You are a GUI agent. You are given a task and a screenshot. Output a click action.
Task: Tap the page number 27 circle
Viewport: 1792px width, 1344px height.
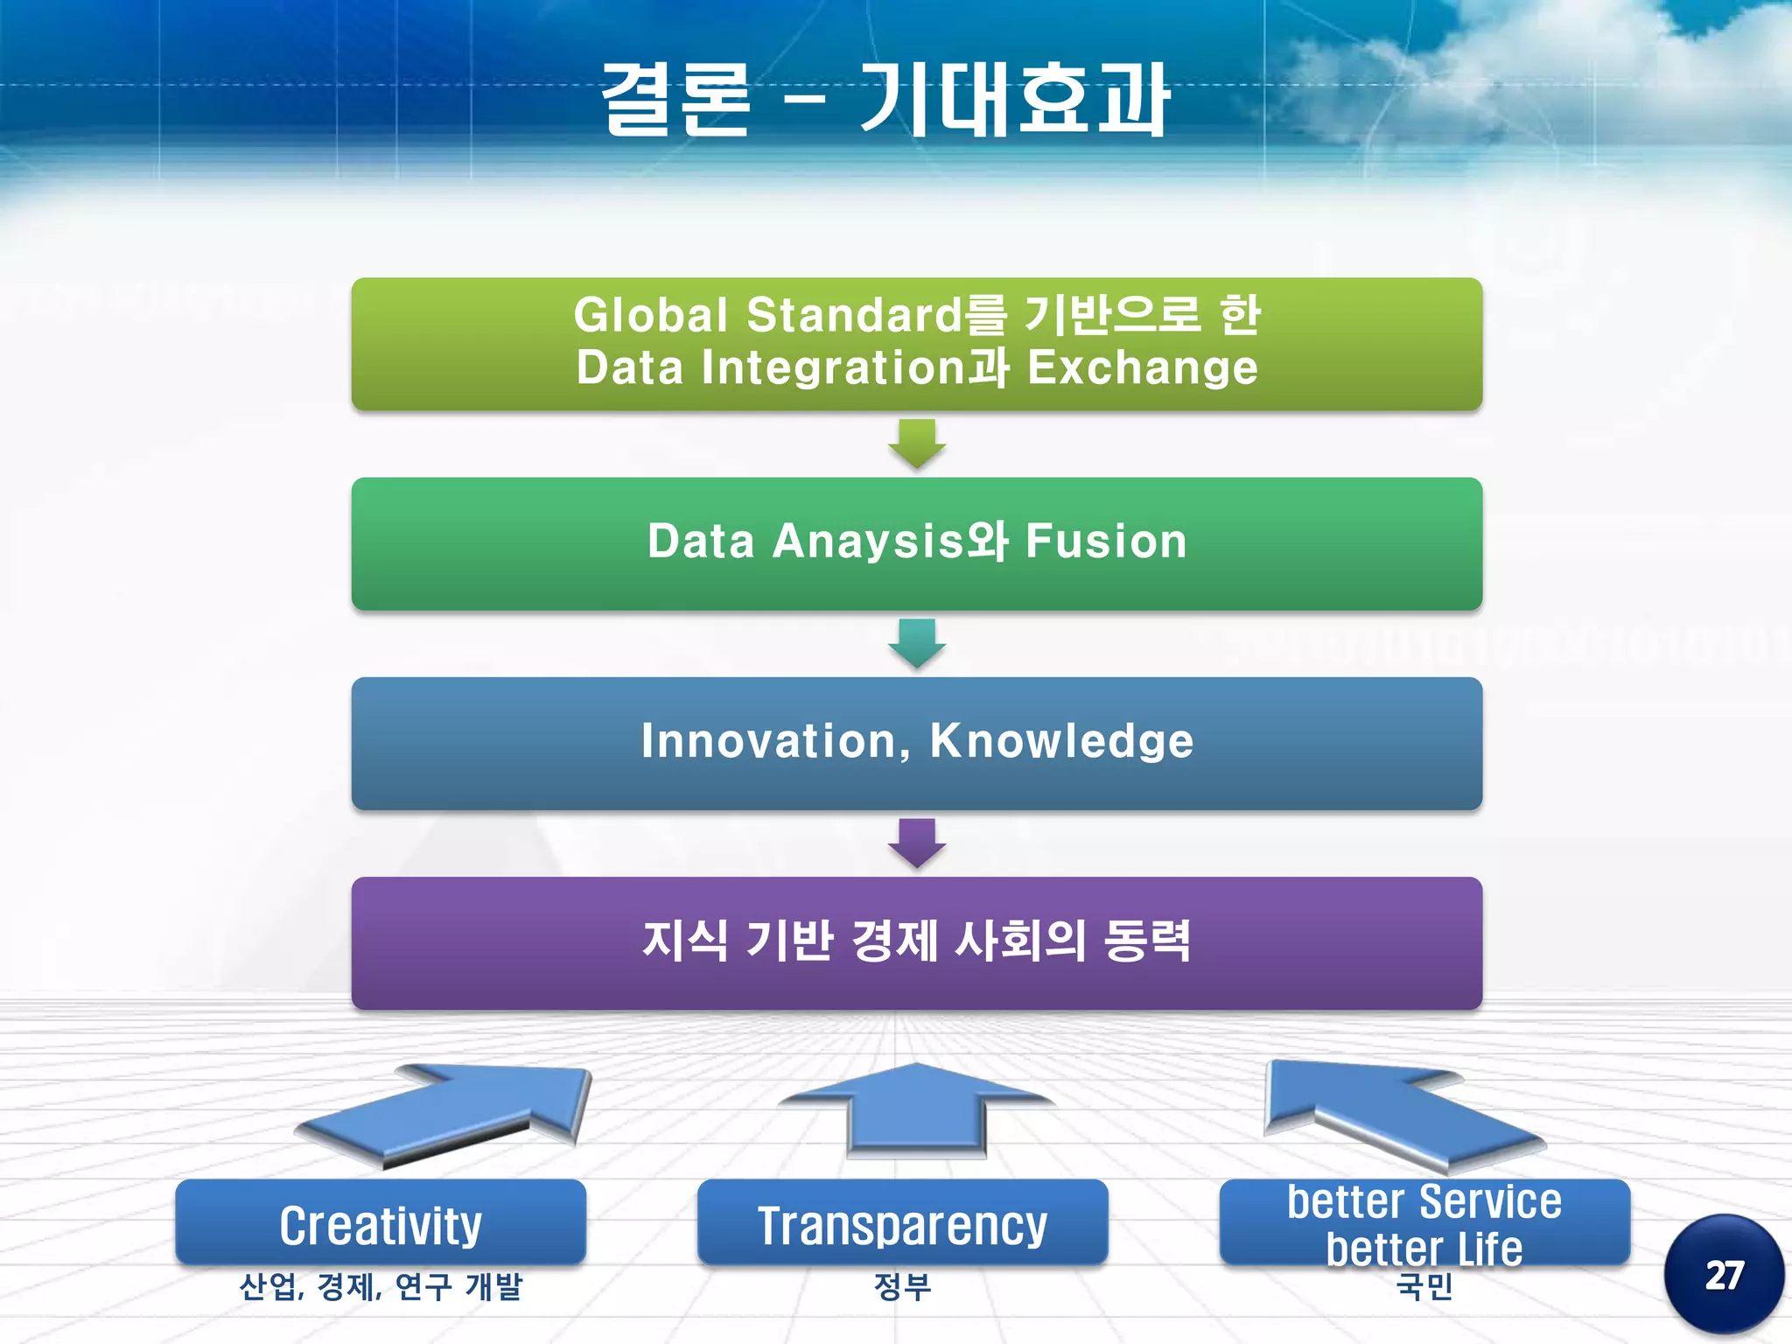pos(1723,1275)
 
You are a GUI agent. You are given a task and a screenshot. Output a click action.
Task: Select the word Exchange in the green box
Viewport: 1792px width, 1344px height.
pos(1142,367)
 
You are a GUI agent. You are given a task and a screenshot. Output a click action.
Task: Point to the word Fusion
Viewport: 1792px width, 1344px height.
pos(1106,541)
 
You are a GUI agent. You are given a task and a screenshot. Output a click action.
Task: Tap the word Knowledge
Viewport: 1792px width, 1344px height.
pos(1061,741)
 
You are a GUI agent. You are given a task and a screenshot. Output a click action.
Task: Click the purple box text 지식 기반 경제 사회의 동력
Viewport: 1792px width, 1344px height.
pos(916,941)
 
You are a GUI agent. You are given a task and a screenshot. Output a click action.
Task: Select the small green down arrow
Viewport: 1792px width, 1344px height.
pos(916,443)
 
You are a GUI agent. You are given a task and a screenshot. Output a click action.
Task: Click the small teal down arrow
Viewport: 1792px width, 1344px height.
pos(916,643)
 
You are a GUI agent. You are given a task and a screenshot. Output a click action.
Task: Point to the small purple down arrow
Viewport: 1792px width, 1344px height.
pos(916,843)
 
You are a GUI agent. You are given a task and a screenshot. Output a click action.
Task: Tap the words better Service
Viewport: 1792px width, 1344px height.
pos(1424,1201)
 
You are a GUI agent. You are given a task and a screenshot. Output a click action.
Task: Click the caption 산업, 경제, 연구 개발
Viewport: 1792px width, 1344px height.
pos(381,1286)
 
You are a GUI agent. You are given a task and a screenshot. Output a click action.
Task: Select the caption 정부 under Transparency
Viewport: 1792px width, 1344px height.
pos(902,1286)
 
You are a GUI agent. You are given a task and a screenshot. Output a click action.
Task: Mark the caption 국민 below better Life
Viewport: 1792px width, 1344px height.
pos(1424,1286)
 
